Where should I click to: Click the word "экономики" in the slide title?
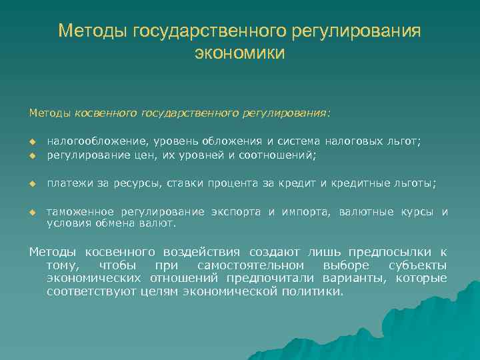pos(239,53)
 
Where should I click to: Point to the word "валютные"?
pos(367,213)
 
